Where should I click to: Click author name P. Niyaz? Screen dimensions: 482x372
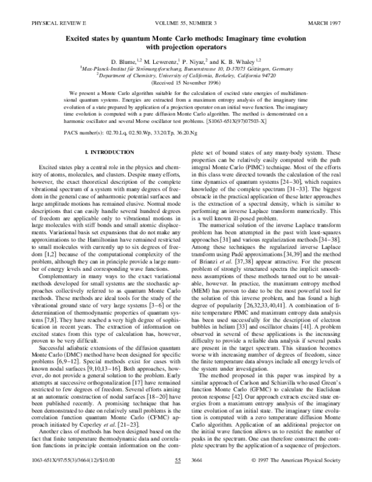pyautogui.click(x=201, y=63)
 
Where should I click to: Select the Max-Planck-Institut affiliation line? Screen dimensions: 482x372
pyautogui.click(x=186, y=71)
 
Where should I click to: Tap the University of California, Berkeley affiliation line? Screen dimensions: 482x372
pyautogui.click(x=186, y=78)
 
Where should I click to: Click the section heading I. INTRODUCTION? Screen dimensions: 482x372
pyautogui.click(x=106, y=153)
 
